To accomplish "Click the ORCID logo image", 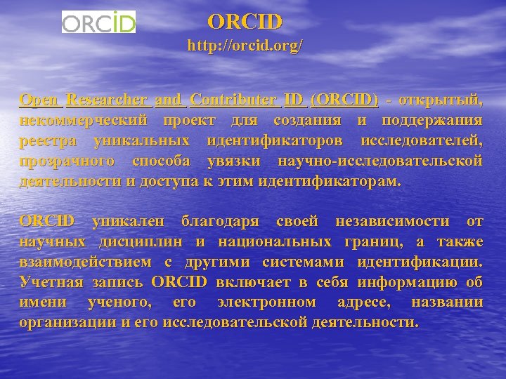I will [98, 22].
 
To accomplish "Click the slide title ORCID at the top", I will [245, 22].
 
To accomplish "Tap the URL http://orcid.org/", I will [245, 47].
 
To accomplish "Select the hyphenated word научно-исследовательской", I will [380, 161].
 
